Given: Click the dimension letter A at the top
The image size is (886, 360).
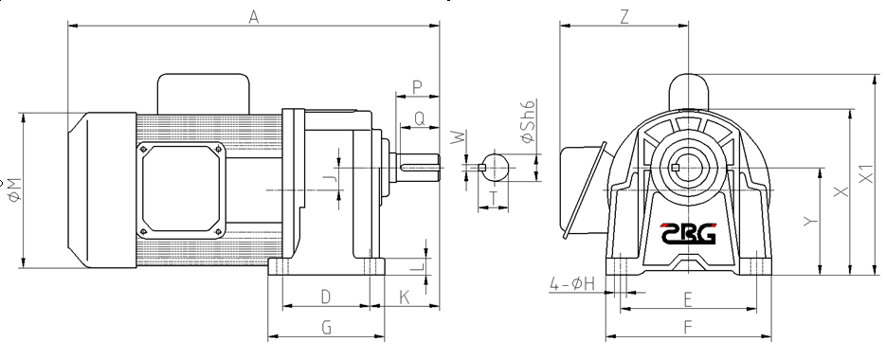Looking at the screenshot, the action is tap(254, 17).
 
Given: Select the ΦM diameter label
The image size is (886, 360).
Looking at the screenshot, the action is tap(15, 189).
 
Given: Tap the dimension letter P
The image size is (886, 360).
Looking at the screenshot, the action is tap(418, 87).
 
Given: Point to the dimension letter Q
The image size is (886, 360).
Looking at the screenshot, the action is tap(419, 118).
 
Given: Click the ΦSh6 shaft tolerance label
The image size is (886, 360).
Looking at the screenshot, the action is tap(528, 122).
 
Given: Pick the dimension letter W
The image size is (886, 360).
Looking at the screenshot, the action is tap(459, 136).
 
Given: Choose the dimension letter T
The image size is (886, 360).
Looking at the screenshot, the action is tap(494, 198).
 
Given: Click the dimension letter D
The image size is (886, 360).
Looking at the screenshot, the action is tap(325, 297).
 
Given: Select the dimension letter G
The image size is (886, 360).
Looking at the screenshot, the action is tap(327, 327).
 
